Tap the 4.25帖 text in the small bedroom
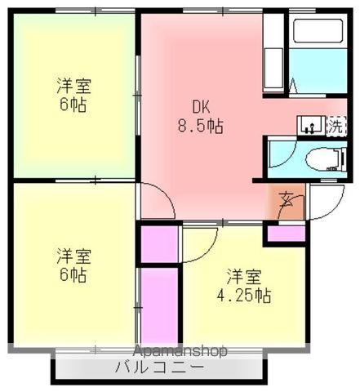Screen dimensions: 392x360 pyautogui.click(x=249, y=293)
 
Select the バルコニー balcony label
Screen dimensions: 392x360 pyautogui.click(x=160, y=367)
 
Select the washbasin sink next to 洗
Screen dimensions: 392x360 pyautogui.click(x=309, y=125)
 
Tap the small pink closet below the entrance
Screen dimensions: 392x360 pyautogui.click(x=285, y=234)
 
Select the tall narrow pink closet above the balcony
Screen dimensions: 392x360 pyautogui.click(x=158, y=305)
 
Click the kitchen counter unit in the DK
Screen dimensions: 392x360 pyautogui.click(x=274, y=52)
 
